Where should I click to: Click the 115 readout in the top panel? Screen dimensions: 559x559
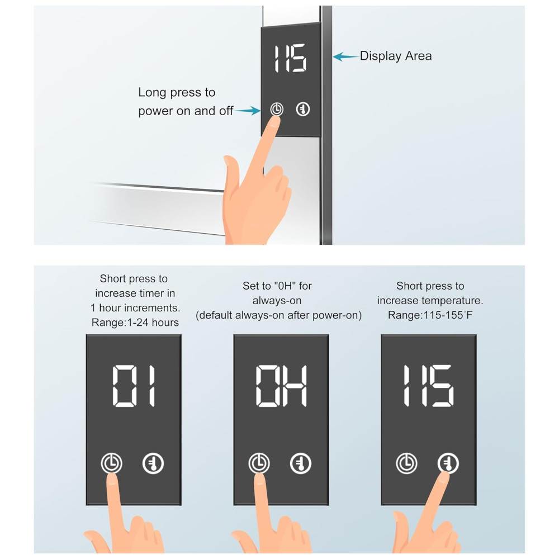290,58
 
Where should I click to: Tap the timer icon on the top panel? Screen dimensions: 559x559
277,109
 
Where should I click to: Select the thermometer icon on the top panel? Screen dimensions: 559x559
303,109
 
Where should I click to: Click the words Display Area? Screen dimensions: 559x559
396,56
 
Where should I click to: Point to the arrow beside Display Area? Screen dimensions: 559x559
346,56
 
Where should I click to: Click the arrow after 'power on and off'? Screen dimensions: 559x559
248,111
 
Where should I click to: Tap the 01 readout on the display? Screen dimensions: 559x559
134,386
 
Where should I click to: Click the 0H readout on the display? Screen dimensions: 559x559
282,386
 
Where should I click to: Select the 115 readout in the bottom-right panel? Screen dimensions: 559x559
429,386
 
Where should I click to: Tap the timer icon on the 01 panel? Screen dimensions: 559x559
112,463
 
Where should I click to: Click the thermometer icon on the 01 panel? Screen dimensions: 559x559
153,463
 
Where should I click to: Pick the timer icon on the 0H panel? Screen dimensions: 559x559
259,463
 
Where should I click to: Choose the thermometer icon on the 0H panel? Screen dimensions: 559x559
301,463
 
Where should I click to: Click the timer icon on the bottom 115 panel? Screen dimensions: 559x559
407,463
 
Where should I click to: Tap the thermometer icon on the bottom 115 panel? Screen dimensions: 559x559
448,463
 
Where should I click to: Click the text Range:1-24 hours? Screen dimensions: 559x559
135,323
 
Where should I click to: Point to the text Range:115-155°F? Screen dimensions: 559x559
430,315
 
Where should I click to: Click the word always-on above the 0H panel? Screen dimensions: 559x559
277,301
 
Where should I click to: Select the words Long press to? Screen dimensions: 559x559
177,92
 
